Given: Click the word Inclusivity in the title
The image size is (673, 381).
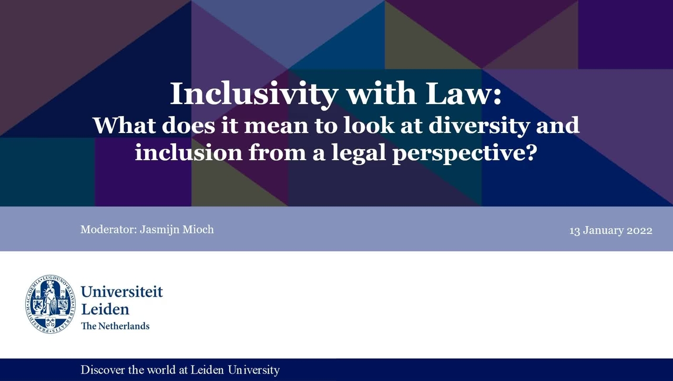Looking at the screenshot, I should pos(253,94).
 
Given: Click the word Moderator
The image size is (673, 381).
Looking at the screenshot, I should pos(108,230).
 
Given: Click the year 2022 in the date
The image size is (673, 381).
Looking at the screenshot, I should pos(639,231).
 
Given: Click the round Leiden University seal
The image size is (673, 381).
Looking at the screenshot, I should pos(50,304).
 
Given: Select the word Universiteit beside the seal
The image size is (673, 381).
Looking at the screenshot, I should pos(122,292).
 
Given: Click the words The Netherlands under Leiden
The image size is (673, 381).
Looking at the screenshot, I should pos(115,326).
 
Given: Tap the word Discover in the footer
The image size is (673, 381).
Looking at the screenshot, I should pos(103,370).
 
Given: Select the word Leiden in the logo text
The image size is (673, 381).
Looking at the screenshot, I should pos(105,308).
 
